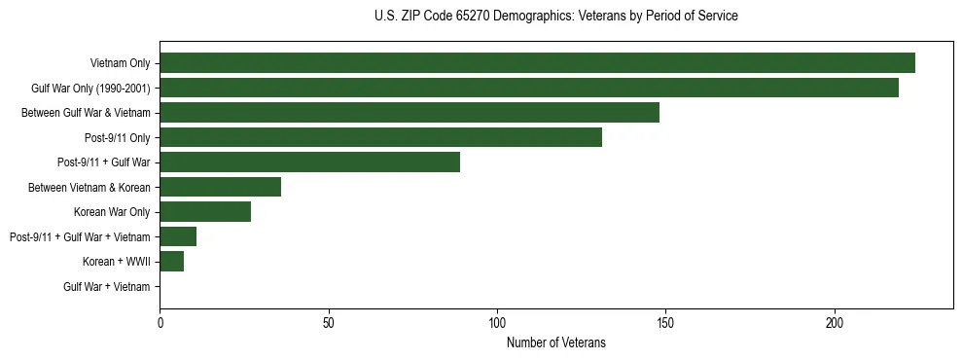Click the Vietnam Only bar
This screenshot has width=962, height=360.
point(537,63)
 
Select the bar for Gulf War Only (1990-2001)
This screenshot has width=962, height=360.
point(529,88)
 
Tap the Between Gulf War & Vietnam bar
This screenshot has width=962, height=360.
point(410,113)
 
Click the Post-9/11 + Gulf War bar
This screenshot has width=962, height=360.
point(309,162)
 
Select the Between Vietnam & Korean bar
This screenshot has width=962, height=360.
point(220,187)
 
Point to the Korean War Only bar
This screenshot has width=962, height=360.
point(205,212)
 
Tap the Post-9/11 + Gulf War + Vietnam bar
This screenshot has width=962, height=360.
point(178,236)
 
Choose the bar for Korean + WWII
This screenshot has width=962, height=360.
point(171,262)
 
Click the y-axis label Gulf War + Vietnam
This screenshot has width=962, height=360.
point(107,287)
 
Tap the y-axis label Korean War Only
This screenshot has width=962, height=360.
point(112,212)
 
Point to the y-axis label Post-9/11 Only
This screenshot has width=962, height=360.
point(118,138)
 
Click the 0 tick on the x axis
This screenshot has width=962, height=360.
point(160,321)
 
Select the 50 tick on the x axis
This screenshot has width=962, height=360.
point(329,321)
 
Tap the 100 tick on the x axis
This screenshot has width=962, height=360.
point(497,321)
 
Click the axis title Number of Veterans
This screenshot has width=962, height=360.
point(555,342)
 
